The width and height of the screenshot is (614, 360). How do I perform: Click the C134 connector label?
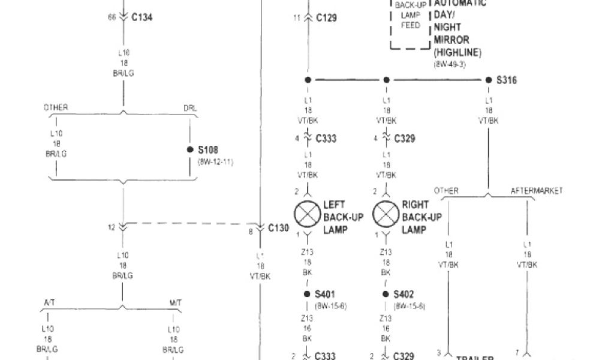(142, 17)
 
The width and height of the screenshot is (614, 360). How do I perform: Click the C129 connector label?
(326, 17)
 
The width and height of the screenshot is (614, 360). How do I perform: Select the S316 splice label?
(507, 80)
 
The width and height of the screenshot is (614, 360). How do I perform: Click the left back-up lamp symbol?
(308, 213)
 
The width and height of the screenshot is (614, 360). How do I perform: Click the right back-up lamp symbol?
(386, 213)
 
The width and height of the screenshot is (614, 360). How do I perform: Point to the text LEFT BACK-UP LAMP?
(344, 217)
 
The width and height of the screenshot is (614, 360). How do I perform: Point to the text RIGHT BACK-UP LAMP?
(422, 217)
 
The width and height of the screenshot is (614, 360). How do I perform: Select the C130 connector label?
(278, 228)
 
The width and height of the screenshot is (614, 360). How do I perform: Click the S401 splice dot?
(308, 295)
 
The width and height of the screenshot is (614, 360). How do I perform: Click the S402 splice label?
(404, 295)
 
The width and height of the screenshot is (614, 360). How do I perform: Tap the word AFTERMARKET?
(537, 191)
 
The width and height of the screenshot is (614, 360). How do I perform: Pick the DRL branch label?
(189, 108)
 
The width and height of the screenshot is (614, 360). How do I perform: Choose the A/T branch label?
(49, 304)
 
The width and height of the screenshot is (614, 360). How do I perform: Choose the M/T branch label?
(174, 304)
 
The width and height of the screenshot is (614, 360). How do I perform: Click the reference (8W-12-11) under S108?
(215, 162)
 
